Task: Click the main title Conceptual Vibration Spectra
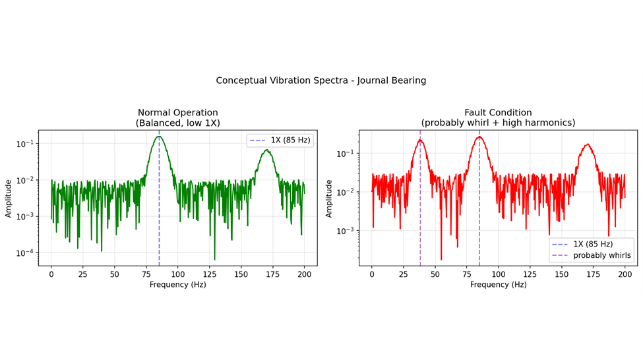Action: pos(321,80)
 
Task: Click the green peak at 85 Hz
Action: pos(159,137)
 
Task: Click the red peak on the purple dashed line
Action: pos(420,140)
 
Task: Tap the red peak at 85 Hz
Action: pos(479,137)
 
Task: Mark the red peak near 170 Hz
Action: pos(587,144)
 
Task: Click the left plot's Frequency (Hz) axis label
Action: pos(177,285)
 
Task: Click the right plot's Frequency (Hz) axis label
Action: pos(498,285)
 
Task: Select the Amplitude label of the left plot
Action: pos(9,198)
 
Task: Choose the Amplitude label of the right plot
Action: pos(330,198)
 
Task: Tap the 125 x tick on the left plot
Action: pos(210,274)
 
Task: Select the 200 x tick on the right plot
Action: pos(625,274)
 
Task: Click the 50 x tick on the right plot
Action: pos(435,274)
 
